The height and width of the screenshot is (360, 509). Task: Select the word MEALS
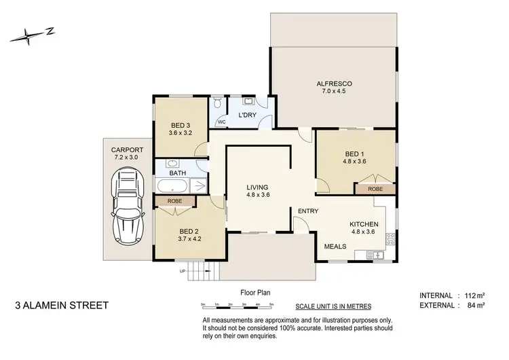(335, 247)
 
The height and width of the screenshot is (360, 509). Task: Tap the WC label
(221, 122)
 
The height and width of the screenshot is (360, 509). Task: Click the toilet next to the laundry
(216, 104)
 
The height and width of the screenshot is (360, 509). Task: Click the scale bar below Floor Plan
(237, 304)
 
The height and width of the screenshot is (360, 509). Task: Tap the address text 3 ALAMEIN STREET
(62, 305)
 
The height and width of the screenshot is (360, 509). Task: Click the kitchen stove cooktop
(390, 239)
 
